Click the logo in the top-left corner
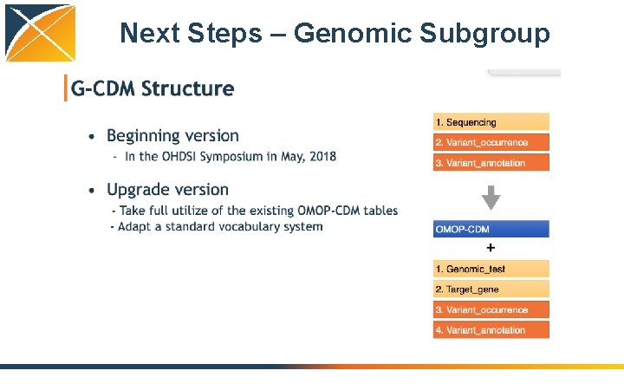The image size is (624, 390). [40, 33]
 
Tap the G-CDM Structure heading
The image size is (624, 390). [153, 88]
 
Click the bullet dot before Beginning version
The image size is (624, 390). [93, 136]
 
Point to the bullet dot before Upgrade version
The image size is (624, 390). [93, 190]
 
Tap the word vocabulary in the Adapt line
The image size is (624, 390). [247, 226]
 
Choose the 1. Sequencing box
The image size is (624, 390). [491, 122]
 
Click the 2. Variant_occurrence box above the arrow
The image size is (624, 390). [491, 142]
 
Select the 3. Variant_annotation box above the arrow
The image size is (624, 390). [491, 162]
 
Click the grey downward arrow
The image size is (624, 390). [491, 197]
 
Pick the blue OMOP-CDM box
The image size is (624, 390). [491, 230]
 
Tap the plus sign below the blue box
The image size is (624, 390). [491, 248]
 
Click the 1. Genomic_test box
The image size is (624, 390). [491, 270]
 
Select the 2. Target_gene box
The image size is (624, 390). [491, 289]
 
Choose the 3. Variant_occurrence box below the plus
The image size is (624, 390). [491, 309]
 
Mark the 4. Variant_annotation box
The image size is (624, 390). [491, 329]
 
